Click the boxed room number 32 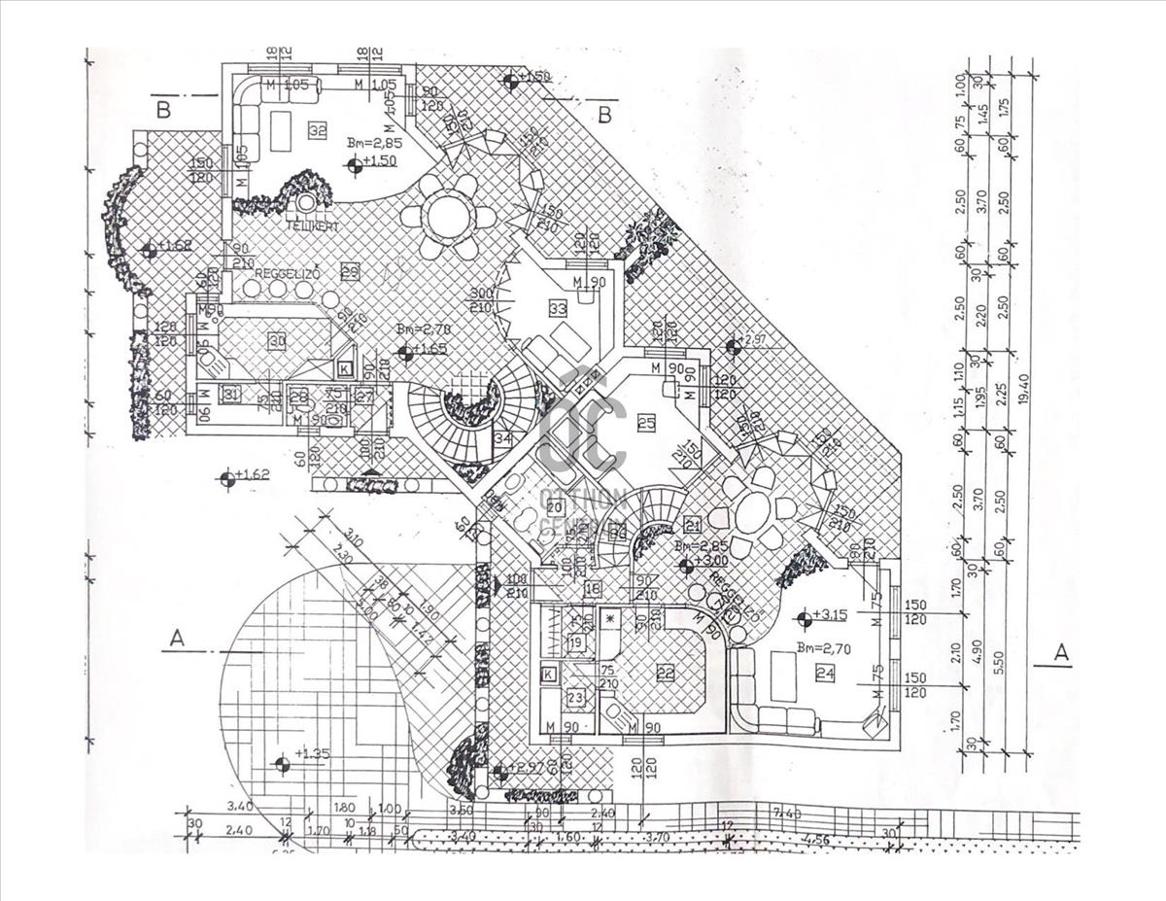[x=317, y=130]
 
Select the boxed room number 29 [x=350, y=273]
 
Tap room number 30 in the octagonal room [x=278, y=341]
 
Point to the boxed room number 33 [x=557, y=309]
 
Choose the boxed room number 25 [x=646, y=422]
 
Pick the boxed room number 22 [x=666, y=672]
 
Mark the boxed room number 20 [x=555, y=506]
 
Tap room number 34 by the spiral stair [x=502, y=438]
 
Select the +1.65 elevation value [x=429, y=348]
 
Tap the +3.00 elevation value [x=710, y=561]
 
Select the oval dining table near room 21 [x=752, y=511]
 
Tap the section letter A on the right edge [x=1061, y=652]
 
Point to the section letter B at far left [x=163, y=110]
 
